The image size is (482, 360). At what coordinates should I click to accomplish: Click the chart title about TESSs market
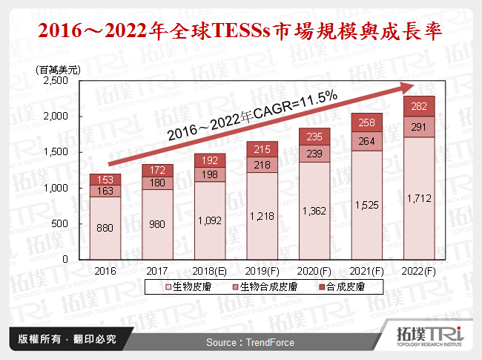pos(240,31)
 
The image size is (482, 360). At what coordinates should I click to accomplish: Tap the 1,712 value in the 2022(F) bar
pos(418,200)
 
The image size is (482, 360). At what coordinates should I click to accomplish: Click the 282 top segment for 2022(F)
pos(418,106)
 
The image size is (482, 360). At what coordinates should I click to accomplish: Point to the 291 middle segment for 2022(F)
pos(418,127)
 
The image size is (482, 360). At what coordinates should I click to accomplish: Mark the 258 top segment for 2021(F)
pos(366,122)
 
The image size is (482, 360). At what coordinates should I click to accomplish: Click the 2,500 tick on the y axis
pos(56,81)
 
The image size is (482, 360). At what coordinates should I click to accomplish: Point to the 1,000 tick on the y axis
pos(56,188)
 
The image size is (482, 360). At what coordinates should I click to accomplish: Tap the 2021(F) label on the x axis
pos(366,270)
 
